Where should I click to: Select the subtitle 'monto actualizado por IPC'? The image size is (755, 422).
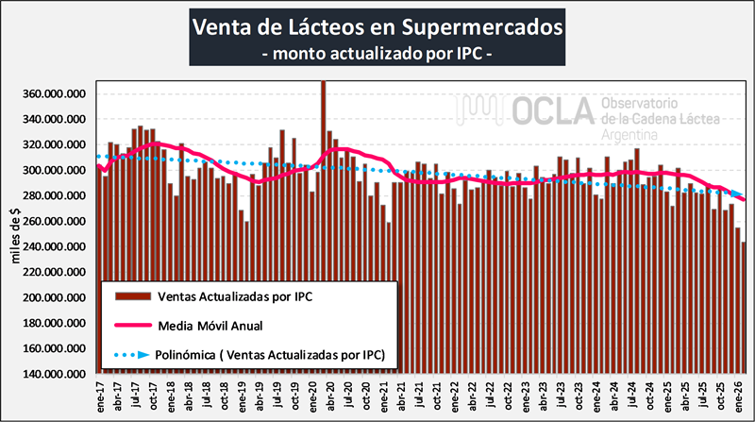[377, 54]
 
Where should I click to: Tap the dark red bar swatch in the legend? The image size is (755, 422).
[137, 295]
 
